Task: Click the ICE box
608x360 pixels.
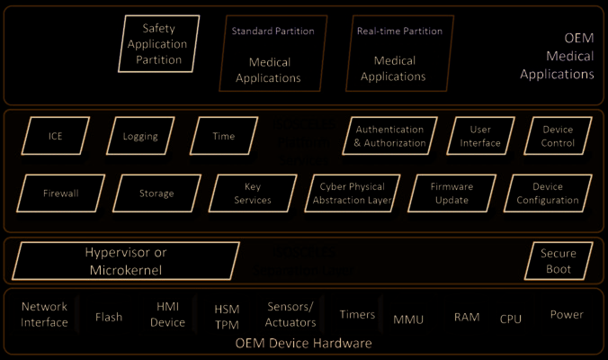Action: click(56, 137)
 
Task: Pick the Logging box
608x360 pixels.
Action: click(141, 137)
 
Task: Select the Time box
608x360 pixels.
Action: click(223, 137)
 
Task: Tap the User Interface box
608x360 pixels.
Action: click(479, 137)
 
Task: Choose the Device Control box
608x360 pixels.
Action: click(557, 137)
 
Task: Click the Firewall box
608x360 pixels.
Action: click(61, 193)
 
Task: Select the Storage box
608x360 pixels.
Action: click(156, 193)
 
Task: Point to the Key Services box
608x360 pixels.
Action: click(253, 193)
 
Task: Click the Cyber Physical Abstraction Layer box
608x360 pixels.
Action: click(354, 193)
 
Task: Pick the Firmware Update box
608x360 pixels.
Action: click(452, 193)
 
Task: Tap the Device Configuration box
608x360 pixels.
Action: click(547, 193)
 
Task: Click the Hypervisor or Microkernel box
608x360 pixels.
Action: click(126, 261)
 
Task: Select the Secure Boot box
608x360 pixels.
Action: click(559, 261)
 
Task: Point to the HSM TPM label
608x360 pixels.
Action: click(227, 316)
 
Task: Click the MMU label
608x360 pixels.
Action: click(408, 319)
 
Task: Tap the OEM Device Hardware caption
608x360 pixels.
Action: click(303, 344)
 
